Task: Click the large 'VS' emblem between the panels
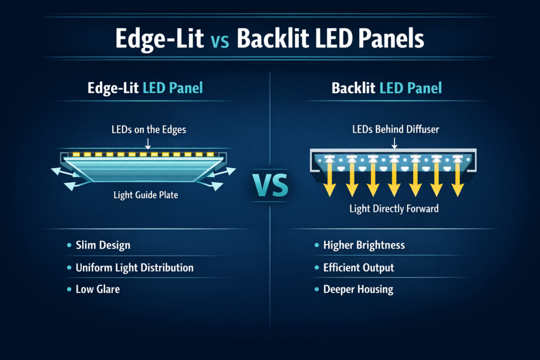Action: click(x=271, y=185)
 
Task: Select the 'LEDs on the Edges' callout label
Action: click(x=149, y=130)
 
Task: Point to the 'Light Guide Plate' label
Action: click(x=146, y=195)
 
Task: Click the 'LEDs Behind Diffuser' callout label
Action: click(x=396, y=129)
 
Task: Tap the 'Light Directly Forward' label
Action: click(x=394, y=209)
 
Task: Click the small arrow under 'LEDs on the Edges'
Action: click(x=148, y=143)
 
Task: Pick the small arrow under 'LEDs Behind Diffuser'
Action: click(x=394, y=143)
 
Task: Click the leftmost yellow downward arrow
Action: click(x=330, y=179)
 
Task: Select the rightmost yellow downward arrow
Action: click(x=458, y=179)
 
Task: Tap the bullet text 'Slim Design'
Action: click(x=103, y=245)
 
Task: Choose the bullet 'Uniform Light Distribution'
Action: click(x=134, y=267)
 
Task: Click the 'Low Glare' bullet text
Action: click(x=98, y=289)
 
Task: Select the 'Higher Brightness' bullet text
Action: click(x=364, y=245)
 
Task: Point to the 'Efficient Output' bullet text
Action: click(x=359, y=267)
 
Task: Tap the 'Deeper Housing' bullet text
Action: click(x=358, y=289)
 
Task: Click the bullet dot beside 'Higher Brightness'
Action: click(x=317, y=245)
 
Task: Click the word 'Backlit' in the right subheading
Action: click(x=353, y=88)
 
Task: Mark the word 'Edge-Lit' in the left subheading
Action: click(x=113, y=88)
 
